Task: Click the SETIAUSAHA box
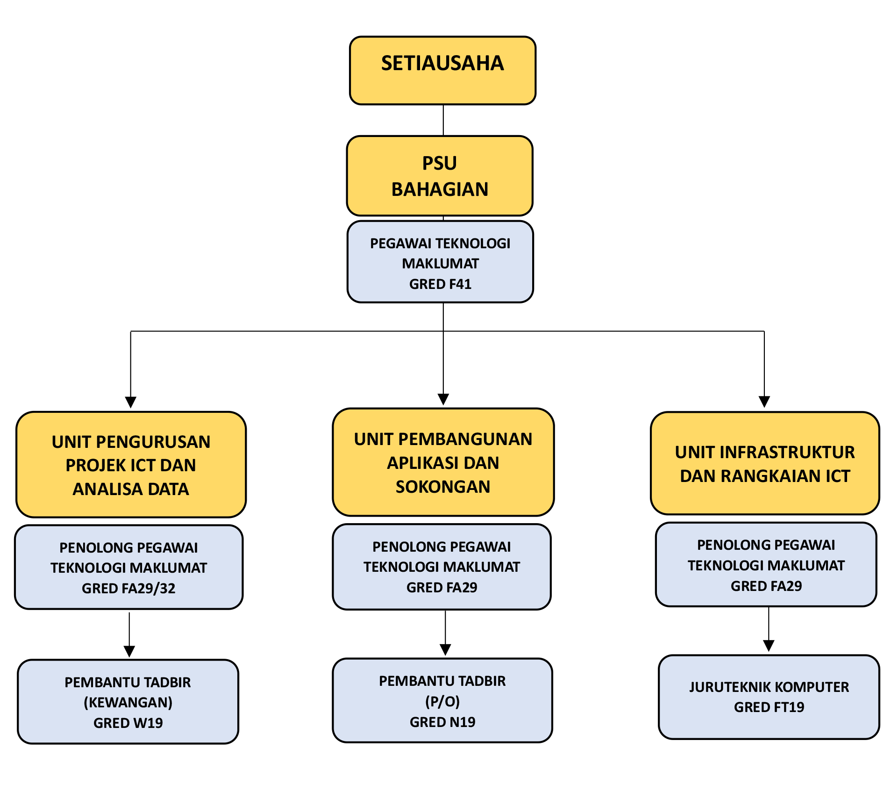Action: point(442,70)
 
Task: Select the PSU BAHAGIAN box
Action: point(439,176)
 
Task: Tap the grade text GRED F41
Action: point(440,284)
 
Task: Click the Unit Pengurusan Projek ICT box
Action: point(131,465)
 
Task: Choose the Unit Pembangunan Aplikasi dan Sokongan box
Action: point(443,462)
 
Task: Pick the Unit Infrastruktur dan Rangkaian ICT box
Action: point(765,463)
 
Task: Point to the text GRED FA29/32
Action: point(128,588)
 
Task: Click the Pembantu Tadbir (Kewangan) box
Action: point(128,701)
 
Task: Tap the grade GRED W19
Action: point(128,723)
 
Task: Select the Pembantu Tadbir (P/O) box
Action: point(442,700)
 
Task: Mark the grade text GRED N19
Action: point(442,722)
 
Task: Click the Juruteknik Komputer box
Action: point(769,697)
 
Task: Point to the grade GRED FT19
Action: point(769,707)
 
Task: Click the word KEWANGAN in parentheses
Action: point(128,702)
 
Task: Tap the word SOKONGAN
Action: point(443,487)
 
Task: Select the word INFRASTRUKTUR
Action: point(788,452)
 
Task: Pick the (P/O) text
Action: point(442,701)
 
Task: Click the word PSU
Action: point(439,163)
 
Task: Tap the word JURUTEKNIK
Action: point(730,687)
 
